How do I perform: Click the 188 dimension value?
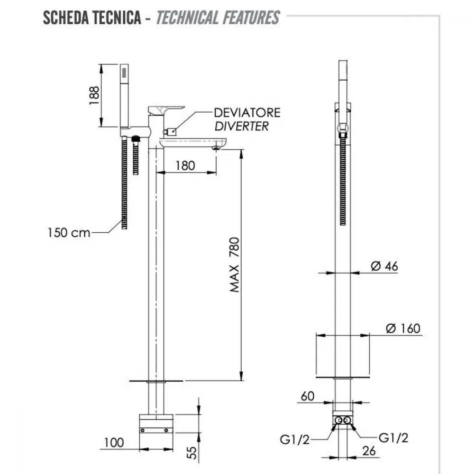(94, 96)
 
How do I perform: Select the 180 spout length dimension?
(185, 165)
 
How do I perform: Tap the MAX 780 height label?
(235, 264)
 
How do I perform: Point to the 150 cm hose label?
(69, 233)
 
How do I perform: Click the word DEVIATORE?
(247, 113)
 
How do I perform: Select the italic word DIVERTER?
(242, 127)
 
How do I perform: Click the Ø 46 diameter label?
(384, 266)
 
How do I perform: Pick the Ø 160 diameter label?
(403, 328)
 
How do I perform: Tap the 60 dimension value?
(308, 396)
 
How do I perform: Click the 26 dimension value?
(369, 451)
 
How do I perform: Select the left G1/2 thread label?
(295, 439)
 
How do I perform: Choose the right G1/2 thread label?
(393, 438)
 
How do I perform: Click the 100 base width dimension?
(114, 443)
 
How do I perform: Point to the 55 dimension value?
(192, 453)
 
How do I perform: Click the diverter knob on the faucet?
(170, 132)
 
